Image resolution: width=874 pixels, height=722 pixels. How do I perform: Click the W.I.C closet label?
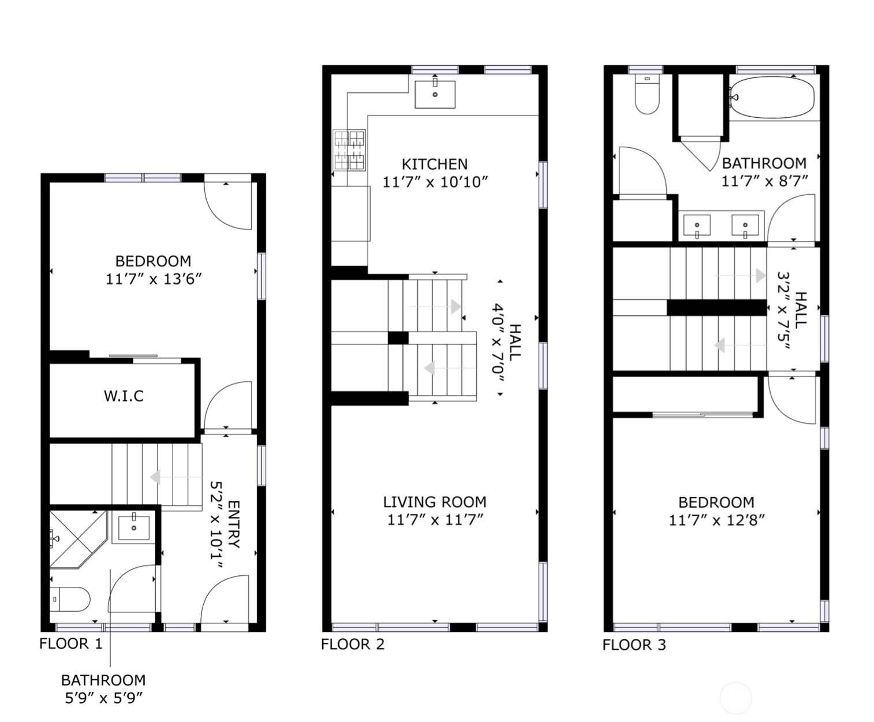tap(124, 396)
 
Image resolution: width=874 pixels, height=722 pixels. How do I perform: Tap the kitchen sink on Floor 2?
tap(435, 94)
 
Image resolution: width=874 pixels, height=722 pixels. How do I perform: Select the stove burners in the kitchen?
tap(349, 150)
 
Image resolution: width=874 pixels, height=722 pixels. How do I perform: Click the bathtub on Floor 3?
tap(772, 98)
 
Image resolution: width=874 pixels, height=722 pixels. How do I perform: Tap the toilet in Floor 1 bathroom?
tap(70, 599)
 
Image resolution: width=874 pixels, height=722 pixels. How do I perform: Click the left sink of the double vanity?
tap(697, 225)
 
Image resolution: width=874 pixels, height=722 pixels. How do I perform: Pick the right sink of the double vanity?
tap(745, 225)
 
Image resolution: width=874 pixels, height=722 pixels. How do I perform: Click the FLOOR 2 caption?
tap(352, 645)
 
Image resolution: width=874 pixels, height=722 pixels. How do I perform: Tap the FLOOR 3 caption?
tap(634, 645)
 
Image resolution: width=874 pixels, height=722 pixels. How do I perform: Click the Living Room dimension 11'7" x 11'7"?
tap(435, 520)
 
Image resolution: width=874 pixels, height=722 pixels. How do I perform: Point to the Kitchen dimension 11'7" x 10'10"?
tap(435, 182)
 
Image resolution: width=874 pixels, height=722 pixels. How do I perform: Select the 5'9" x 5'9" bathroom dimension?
tap(103, 698)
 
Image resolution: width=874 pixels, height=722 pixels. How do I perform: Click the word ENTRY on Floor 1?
tap(234, 524)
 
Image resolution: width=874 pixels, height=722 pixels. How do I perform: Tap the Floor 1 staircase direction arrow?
tap(155, 478)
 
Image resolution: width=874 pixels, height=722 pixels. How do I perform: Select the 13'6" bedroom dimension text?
tap(153, 279)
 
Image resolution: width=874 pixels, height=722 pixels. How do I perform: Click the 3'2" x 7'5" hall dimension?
tap(783, 311)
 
